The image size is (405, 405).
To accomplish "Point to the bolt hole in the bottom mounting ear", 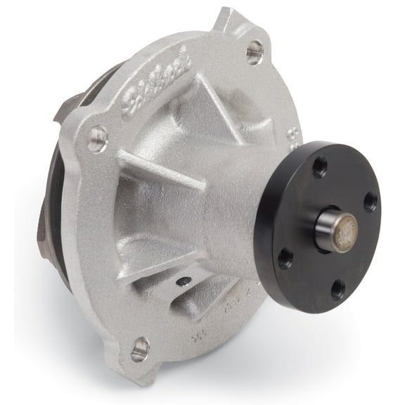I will click(x=140, y=347).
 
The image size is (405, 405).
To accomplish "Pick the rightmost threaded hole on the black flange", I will click(x=369, y=202).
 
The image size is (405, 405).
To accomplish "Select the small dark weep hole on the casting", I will click(x=184, y=281).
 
